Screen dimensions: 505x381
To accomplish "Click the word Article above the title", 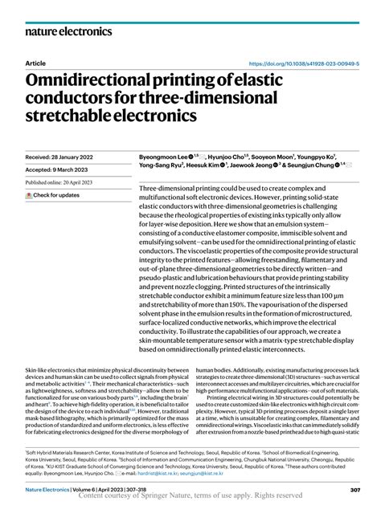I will [x=36, y=62].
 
